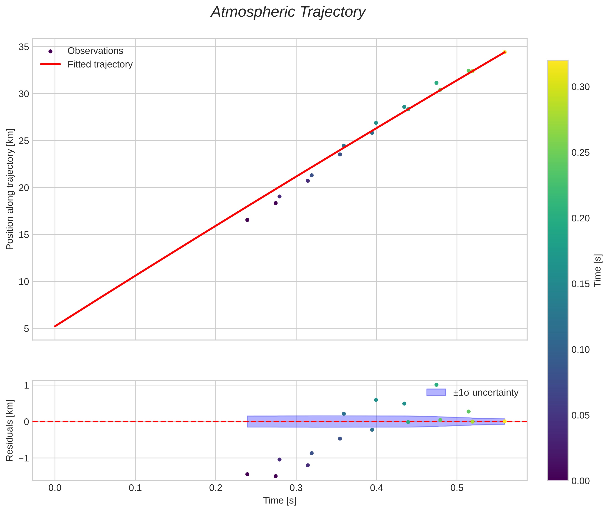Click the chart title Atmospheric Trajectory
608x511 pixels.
(x=288, y=12)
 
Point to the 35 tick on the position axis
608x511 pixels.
(x=24, y=47)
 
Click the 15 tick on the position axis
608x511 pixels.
(x=24, y=235)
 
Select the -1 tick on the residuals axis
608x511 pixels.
(x=22, y=458)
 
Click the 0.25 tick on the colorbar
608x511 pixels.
(x=580, y=153)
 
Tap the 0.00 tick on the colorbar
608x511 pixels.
(x=580, y=481)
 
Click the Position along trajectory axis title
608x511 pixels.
(x=10, y=189)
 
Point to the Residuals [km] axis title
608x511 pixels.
(x=10, y=430)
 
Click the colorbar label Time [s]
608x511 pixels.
(x=598, y=270)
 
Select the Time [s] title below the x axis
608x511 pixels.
(x=280, y=501)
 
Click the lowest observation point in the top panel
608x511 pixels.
(x=247, y=220)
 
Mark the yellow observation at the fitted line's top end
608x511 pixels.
(x=505, y=52)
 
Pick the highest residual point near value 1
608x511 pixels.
(x=436, y=385)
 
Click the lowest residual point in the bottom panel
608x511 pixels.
(x=275, y=476)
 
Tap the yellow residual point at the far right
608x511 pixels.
(x=505, y=421)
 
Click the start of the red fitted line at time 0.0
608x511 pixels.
(x=55, y=326)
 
